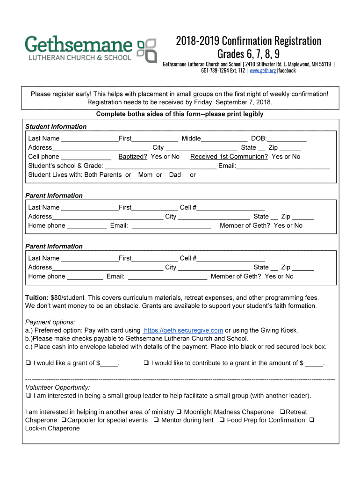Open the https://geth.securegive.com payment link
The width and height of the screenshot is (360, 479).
point(183,330)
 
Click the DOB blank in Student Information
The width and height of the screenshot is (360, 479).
point(287,138)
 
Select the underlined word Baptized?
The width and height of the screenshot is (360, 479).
point(133,157)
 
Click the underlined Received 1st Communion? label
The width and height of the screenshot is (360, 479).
point(229,157)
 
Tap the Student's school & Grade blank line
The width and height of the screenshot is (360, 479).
point(161,166)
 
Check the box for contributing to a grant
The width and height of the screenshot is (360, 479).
point(146,363)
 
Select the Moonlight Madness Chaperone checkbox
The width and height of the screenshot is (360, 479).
point(179,412)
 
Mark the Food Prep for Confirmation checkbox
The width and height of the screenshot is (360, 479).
point(222,420)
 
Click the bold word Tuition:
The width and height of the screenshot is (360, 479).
point(36,298)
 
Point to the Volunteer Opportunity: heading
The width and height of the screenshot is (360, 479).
point(58,387)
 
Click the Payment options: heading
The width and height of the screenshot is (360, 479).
point(50,322)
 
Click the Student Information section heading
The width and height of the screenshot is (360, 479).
point(56,127)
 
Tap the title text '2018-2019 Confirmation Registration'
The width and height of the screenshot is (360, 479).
point(248,41)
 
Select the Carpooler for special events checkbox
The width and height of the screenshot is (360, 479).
point(63,420)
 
